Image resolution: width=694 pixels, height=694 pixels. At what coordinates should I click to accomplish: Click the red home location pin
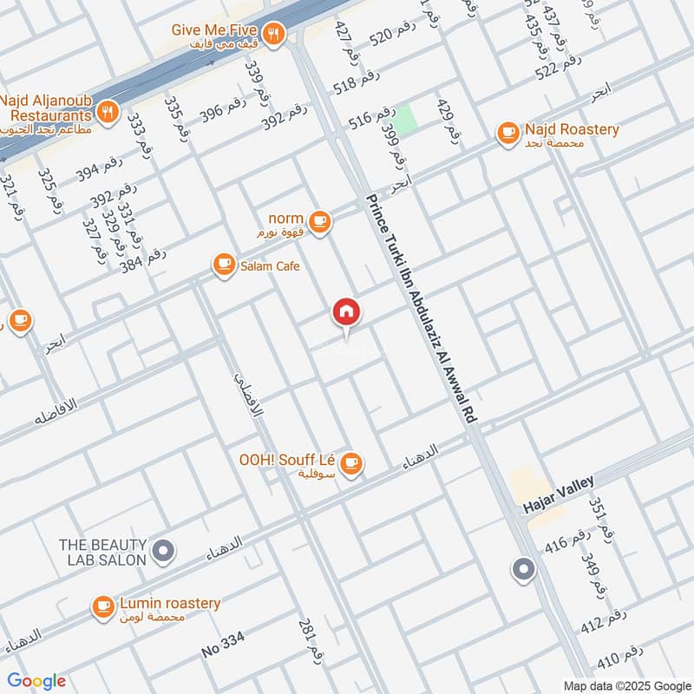[346, 312]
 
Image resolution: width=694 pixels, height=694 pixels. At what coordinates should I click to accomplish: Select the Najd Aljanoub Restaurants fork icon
[108, 110]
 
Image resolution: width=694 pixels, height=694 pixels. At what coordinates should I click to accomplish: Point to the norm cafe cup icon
[320, 223]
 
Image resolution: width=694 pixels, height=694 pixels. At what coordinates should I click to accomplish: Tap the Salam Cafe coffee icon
[224, 265]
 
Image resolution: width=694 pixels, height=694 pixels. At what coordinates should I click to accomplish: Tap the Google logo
[36, 681]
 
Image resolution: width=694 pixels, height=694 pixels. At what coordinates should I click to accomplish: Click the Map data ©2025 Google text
[625, 684]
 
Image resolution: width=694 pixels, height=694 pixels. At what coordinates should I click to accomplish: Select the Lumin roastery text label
[170, 603]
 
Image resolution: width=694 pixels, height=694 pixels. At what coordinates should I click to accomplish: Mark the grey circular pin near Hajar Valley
[523, 569]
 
